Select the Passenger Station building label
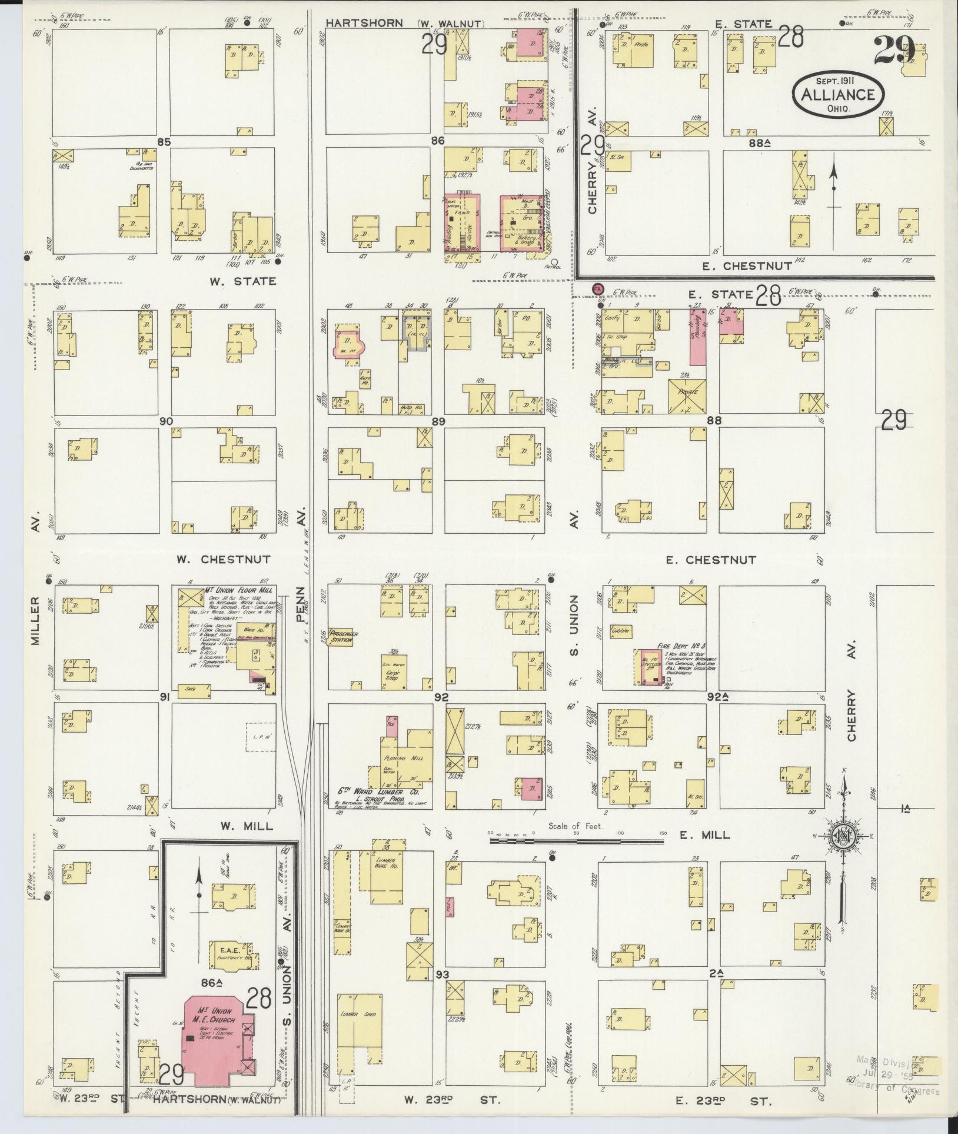click(341, 637)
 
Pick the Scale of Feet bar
click(576, 841)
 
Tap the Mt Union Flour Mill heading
click(234, 590)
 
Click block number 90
click(165, 421)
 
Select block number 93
click(443, 975)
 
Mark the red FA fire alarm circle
click(598, 288)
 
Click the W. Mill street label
click(247, 826)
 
